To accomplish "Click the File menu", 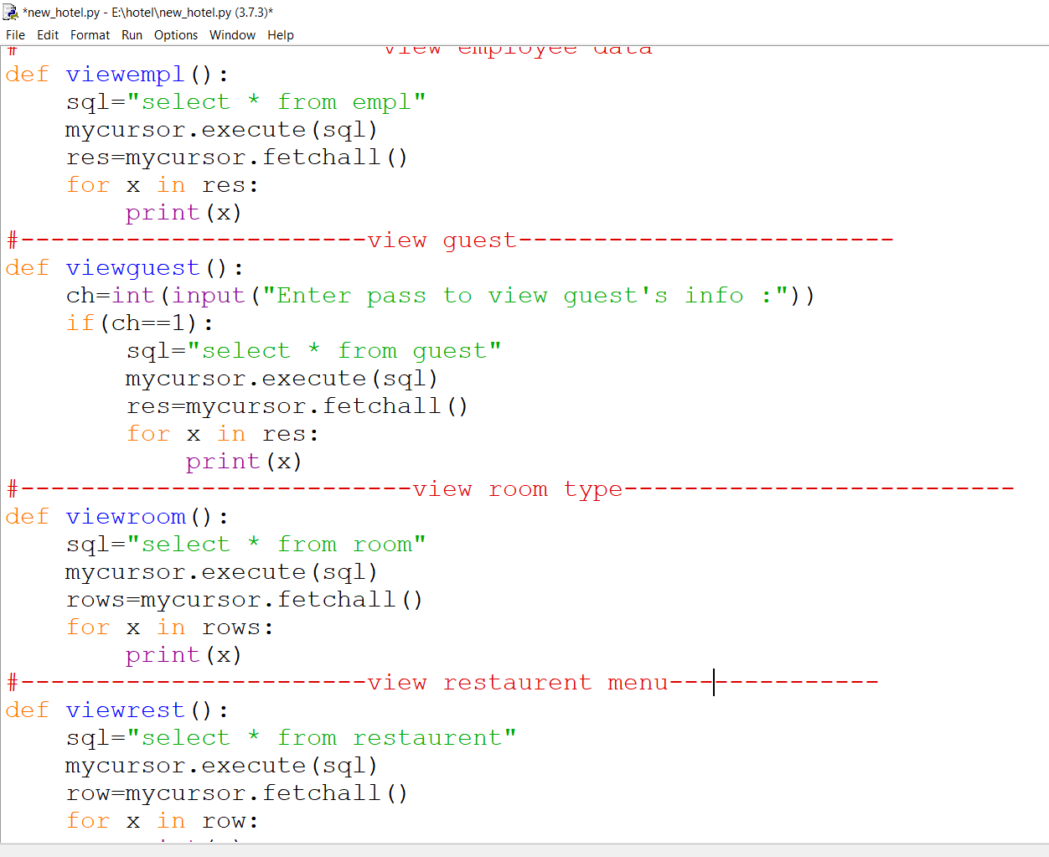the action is coord(15,35).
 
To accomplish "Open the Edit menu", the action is coord(48,35).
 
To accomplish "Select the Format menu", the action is coord(90,35).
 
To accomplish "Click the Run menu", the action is coord(132,35).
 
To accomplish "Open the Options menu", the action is coord(176,35).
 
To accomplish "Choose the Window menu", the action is coord(232,35).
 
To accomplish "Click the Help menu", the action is coord(281,35).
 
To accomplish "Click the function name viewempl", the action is coord(125,75).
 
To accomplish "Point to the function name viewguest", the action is coord(132,268).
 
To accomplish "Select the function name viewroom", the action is coord(126,517).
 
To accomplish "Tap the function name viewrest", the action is coord(125,710).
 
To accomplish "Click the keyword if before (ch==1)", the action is coord(80,323).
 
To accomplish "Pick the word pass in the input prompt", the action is coord(396,296).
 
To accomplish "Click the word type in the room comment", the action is coord(593,489).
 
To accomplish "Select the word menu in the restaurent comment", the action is coord(638,683).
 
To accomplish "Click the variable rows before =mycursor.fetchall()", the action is coord(96,600).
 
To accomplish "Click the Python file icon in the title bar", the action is coord(11,12).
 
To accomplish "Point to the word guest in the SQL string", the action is coord(450,351).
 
